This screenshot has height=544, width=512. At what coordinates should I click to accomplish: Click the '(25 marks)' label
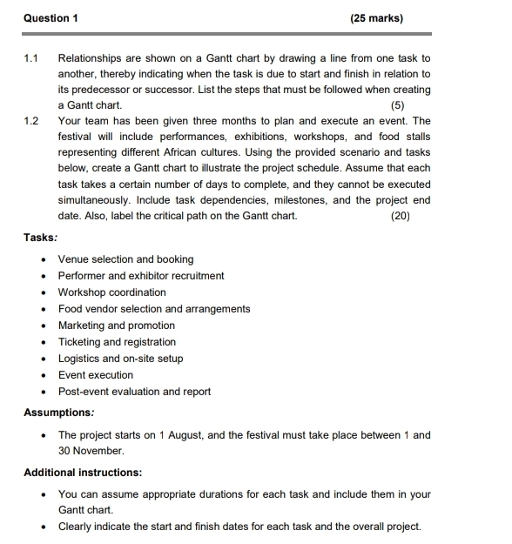tap(377, 17)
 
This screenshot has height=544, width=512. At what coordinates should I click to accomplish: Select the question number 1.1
tap(31, 58)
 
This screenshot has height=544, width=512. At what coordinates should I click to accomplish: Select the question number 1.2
tap(31, 121)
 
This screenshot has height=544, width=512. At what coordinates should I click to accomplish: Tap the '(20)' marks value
tap(401, 216)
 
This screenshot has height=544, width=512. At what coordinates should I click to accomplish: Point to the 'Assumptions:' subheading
tap(58, 413)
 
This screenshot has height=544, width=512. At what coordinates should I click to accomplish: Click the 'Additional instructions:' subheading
tap(83, 473)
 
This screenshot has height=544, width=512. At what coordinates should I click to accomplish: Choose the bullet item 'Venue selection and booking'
tap(125, 259)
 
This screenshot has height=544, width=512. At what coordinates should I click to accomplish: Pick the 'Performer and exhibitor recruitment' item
tap(141, 276)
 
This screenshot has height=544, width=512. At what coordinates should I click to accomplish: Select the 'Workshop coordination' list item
tap(111, 292)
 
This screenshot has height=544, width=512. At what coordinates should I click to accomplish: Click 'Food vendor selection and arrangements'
tap(154, 309)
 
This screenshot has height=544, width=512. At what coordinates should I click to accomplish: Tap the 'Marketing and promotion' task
tap(116, 326)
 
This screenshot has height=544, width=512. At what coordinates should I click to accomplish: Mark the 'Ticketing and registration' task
tap(117, 342)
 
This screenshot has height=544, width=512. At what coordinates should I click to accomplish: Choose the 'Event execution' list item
tap(96, 375)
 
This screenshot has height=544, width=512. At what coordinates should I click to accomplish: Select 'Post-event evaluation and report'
tap(134, 392)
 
